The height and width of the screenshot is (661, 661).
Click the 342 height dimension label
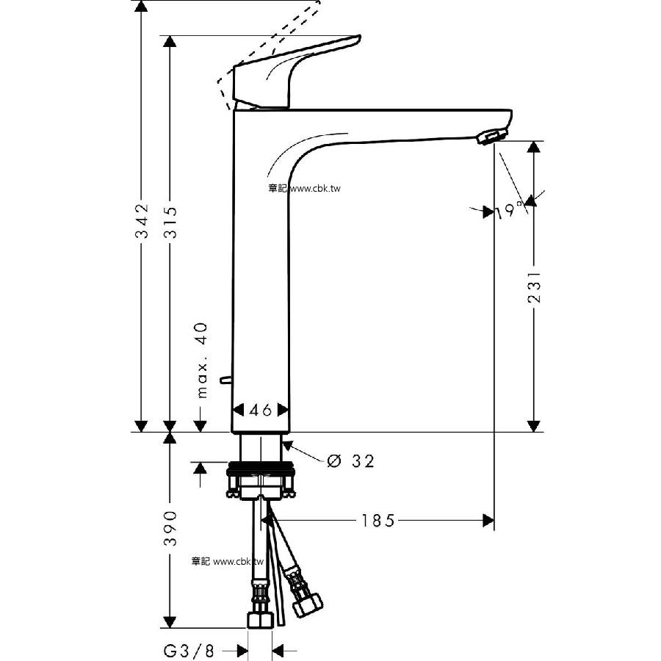(142, 221)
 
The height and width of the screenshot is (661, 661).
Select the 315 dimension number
(170, 222)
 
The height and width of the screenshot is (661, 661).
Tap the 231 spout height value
(534, 286)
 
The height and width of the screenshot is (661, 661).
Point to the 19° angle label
(510, 210)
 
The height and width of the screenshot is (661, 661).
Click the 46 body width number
(261, 410)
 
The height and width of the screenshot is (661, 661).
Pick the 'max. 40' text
(203, 361)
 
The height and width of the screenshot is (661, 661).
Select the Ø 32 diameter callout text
(350, 461)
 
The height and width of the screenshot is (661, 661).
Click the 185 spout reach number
(378, 521)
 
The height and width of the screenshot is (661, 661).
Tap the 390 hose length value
(170, 529)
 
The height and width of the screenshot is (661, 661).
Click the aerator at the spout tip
(491, 137)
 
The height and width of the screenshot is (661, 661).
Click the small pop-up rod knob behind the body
(225, 380)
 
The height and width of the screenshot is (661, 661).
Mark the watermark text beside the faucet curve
(304, 188)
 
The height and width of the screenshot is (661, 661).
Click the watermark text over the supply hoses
(227, 562)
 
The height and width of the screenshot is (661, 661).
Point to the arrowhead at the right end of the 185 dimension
(488, 521)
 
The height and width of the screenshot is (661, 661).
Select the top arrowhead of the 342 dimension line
(142, 6)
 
